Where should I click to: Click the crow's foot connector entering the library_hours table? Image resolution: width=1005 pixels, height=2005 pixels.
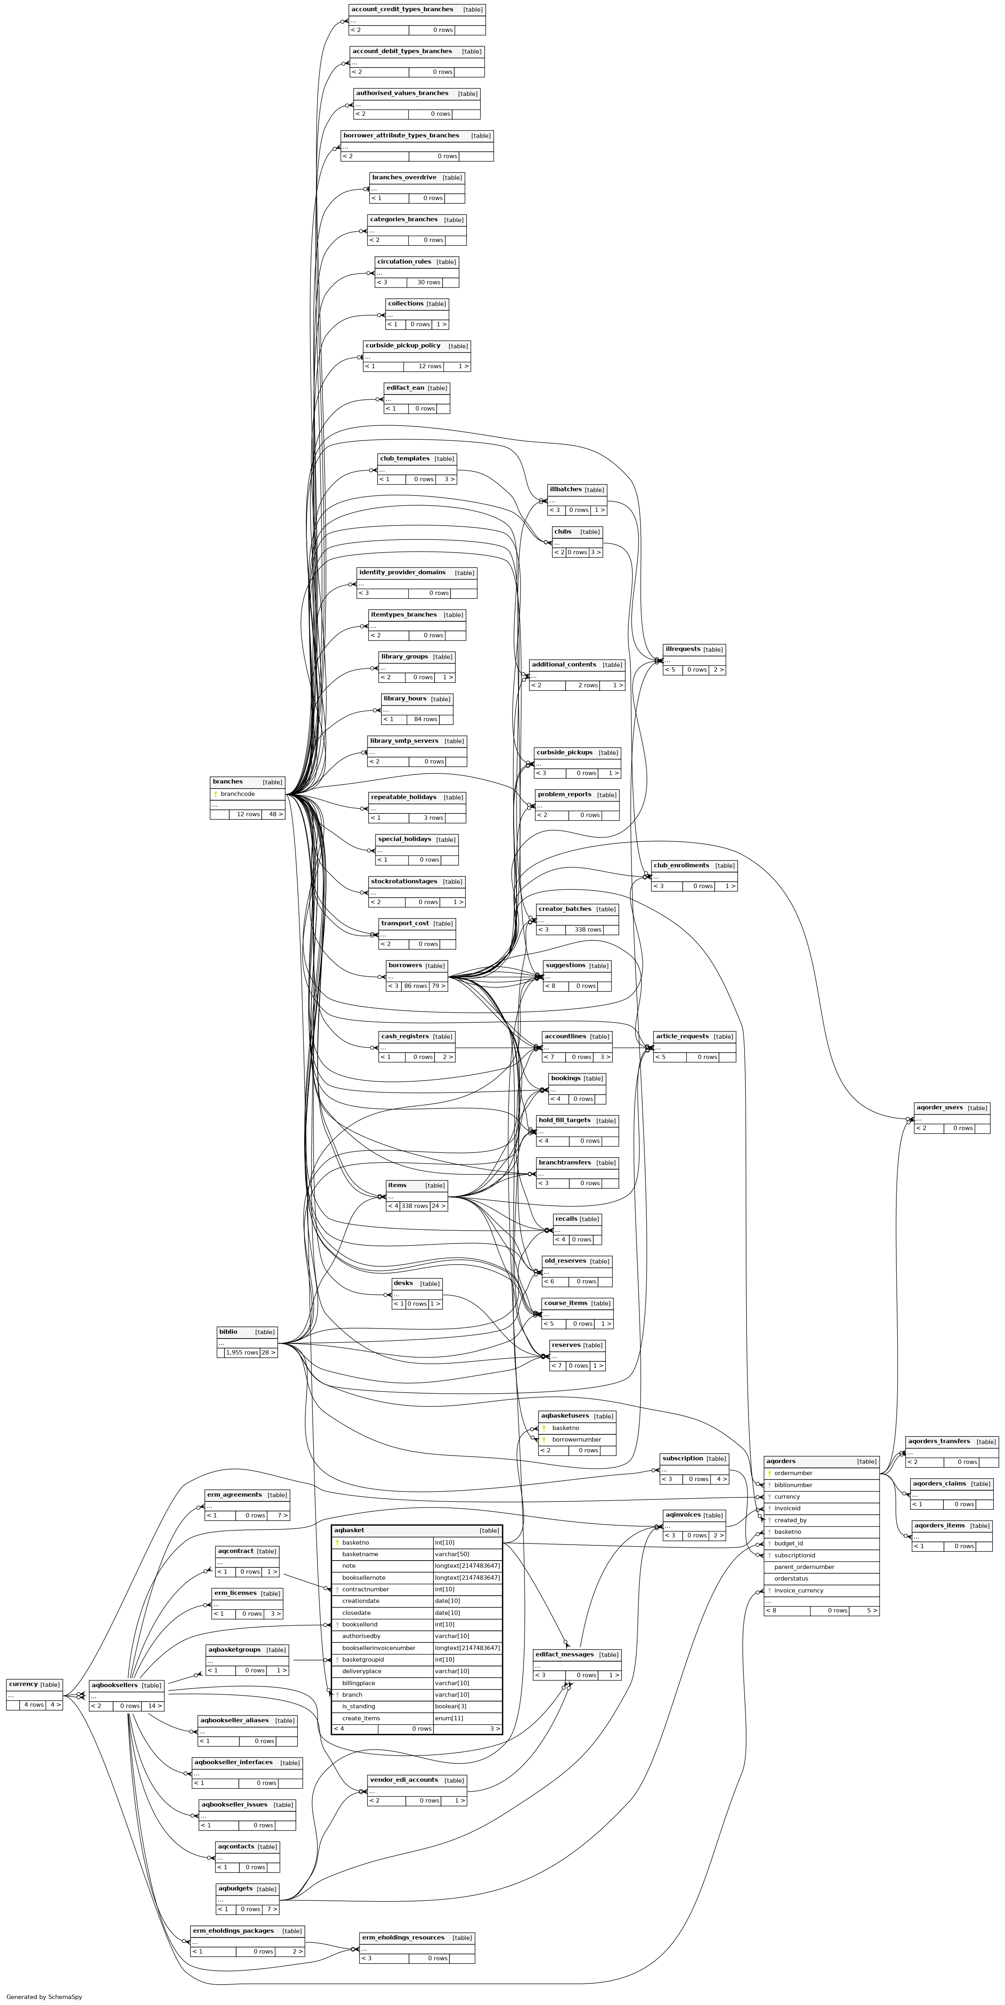(x=378, y=710)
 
